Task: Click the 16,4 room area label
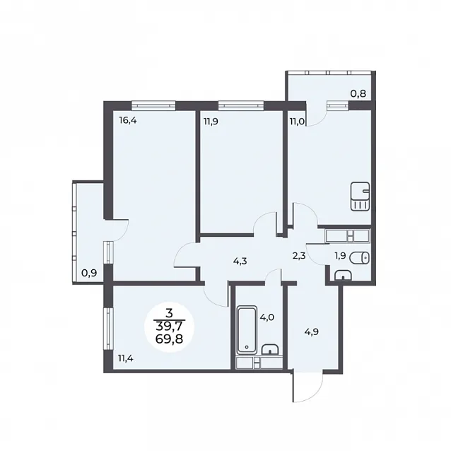128,121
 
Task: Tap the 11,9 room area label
211,122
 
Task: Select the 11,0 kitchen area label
297,122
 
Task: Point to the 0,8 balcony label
358,93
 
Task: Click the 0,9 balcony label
89,273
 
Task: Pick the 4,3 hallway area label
240,262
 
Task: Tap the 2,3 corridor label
299,256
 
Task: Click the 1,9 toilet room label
340,256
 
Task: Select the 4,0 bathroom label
267,318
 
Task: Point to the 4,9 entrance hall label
312,332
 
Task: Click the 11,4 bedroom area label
126,358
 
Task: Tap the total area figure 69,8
170,339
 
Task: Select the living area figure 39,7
170,327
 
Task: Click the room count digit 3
169,312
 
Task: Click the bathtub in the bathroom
246,330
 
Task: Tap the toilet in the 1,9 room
360,258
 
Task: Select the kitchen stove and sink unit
360,197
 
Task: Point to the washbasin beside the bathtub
270,349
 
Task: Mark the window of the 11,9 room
241,105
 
